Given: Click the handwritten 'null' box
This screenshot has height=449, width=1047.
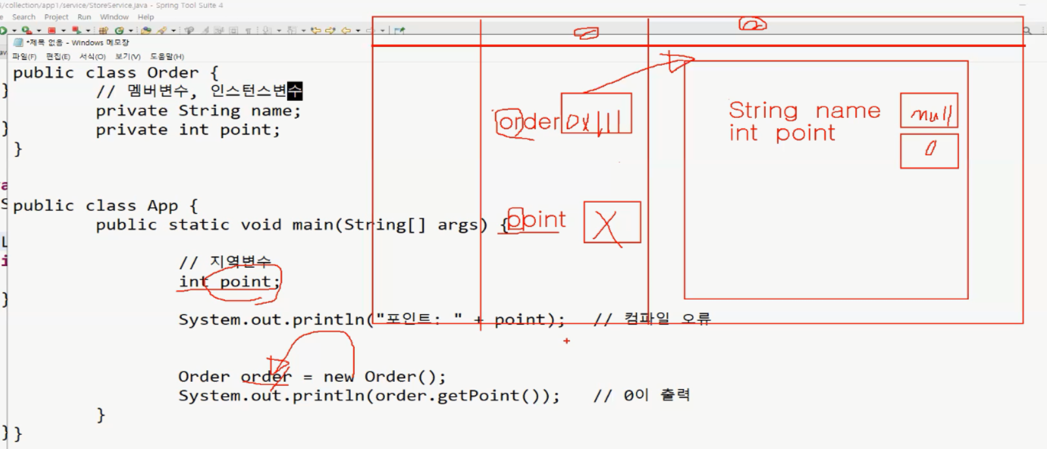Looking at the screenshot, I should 929,110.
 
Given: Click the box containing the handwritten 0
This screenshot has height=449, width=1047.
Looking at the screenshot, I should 929,151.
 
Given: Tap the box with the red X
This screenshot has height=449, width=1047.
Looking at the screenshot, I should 612,222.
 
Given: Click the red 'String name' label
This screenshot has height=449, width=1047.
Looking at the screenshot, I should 804,111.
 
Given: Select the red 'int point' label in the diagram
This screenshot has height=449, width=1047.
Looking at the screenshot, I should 781,133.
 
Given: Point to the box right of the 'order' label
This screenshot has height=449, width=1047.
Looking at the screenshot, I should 596,113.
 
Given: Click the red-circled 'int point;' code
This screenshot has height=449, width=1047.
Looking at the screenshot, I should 230,282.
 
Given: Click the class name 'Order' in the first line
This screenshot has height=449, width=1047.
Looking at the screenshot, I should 172,72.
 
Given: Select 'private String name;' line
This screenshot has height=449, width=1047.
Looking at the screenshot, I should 198,111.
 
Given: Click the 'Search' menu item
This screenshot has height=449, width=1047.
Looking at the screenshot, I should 23,17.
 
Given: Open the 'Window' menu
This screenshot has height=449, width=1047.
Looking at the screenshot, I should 114,17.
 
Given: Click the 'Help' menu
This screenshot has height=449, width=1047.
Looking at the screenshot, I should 145,17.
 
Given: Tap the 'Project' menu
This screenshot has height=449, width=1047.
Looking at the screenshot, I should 56,17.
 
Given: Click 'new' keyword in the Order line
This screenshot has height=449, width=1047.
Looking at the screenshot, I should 339,377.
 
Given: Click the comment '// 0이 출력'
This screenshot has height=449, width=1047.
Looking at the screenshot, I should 641,396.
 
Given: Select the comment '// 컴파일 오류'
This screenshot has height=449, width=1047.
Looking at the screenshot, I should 651,319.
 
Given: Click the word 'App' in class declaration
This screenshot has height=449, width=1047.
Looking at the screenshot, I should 162,206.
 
